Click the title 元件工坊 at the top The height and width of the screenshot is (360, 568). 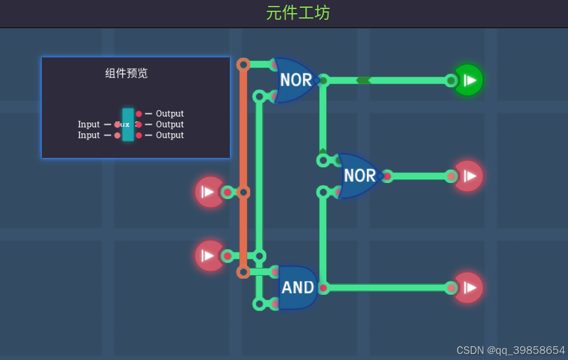297,13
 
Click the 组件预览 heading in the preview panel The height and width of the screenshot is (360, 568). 126,74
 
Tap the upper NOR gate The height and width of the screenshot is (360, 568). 294,80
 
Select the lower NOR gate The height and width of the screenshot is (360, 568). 359,176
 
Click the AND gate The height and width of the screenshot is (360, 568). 297,288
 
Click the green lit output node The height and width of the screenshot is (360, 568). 469,80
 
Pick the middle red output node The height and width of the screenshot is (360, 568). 469,176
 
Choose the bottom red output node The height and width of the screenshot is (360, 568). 469,288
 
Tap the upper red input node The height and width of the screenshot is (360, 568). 209,192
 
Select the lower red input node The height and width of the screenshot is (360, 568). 209,256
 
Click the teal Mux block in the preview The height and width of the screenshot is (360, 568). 127,124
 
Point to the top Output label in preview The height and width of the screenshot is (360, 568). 169,114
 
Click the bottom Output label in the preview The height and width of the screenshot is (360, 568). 169,136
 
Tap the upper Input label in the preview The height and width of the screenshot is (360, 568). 89,124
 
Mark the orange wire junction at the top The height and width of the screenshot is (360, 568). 243,65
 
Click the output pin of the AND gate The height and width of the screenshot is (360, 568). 323,288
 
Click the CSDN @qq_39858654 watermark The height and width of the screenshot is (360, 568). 510,350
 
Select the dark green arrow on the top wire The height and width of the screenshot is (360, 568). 363,80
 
